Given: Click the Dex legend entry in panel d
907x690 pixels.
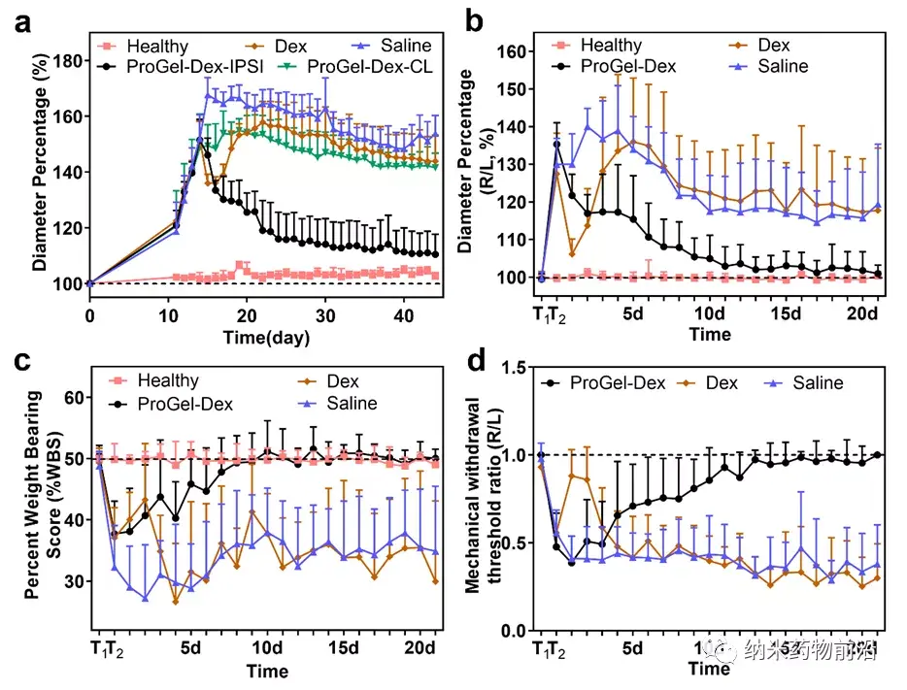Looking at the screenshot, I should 720,383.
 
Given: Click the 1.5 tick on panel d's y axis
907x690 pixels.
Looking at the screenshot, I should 511,367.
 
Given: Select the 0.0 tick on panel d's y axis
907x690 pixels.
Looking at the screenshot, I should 511,631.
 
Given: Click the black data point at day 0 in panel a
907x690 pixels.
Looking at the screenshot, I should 89,283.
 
